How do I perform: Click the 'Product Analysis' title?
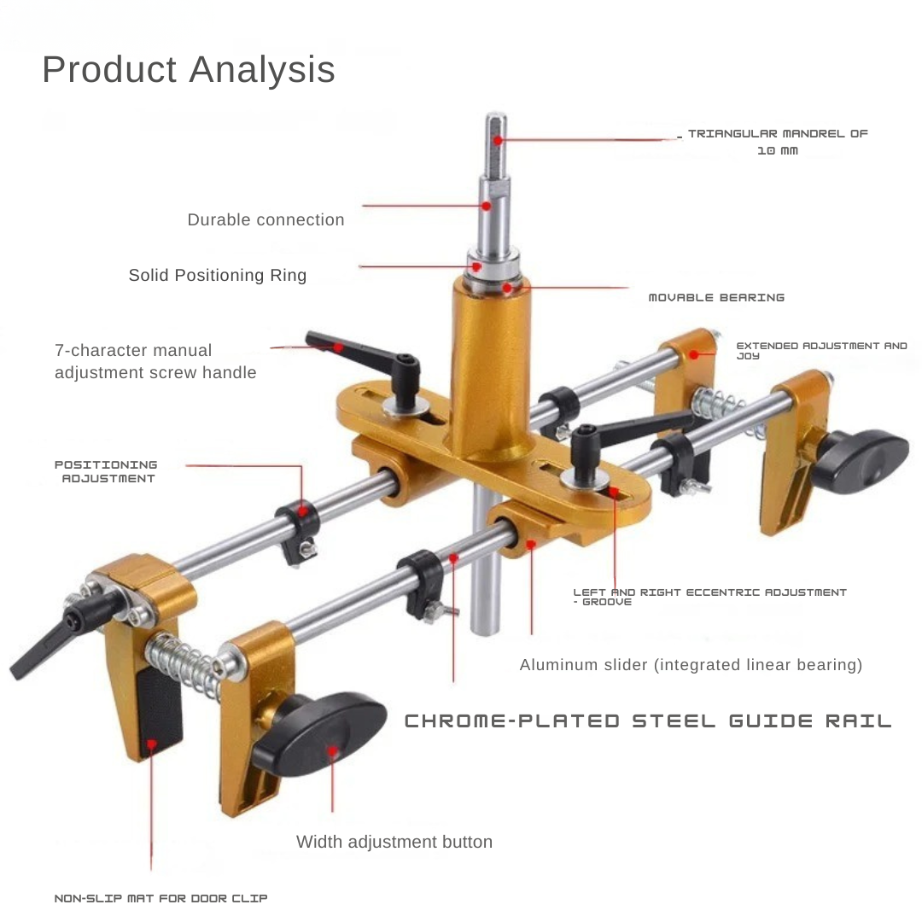tap(188, 69)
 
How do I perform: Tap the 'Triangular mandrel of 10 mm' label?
tap(778, 142)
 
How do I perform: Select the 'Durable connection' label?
tap(266, 220)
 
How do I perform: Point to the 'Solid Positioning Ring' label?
tap(218, 275)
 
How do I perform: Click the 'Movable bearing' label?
tap(716, 298)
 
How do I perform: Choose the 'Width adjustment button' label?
tap(394, 842)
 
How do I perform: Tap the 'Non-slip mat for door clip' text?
tap(160, 898)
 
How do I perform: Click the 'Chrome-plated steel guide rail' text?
tap(648, 721)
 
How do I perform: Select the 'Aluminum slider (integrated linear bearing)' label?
tap(691, 665)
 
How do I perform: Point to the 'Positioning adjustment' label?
tap(106, 471)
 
